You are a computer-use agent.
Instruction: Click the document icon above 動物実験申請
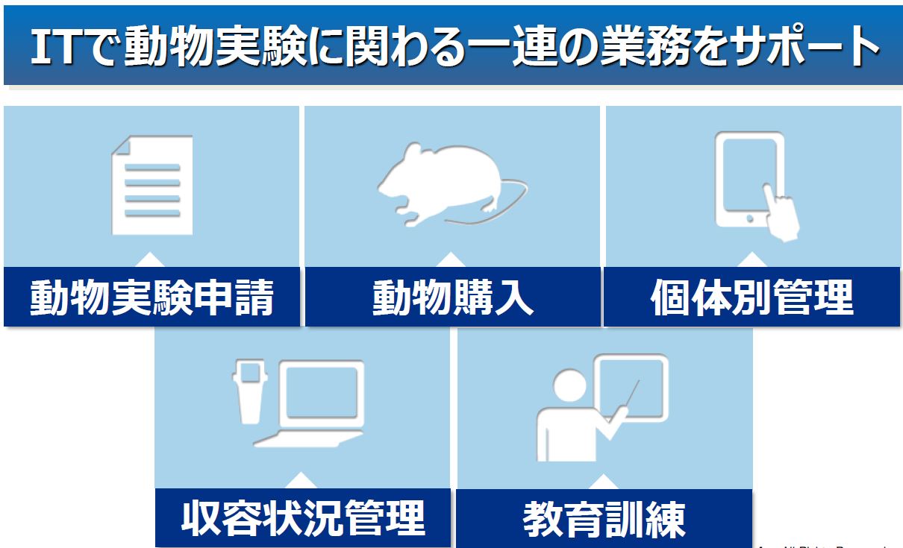tap(152, 184)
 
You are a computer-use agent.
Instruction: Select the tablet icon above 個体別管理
tap(749, 180)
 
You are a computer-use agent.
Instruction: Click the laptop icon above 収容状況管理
tap(317, 403)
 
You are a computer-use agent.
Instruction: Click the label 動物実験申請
tap(152, 297)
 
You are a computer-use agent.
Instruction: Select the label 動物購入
tap(453, 297)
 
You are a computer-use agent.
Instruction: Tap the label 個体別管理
tap(752, 297)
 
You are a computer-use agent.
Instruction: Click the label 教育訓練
tap(604, 519)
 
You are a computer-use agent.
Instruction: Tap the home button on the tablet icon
tap(749, 220)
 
